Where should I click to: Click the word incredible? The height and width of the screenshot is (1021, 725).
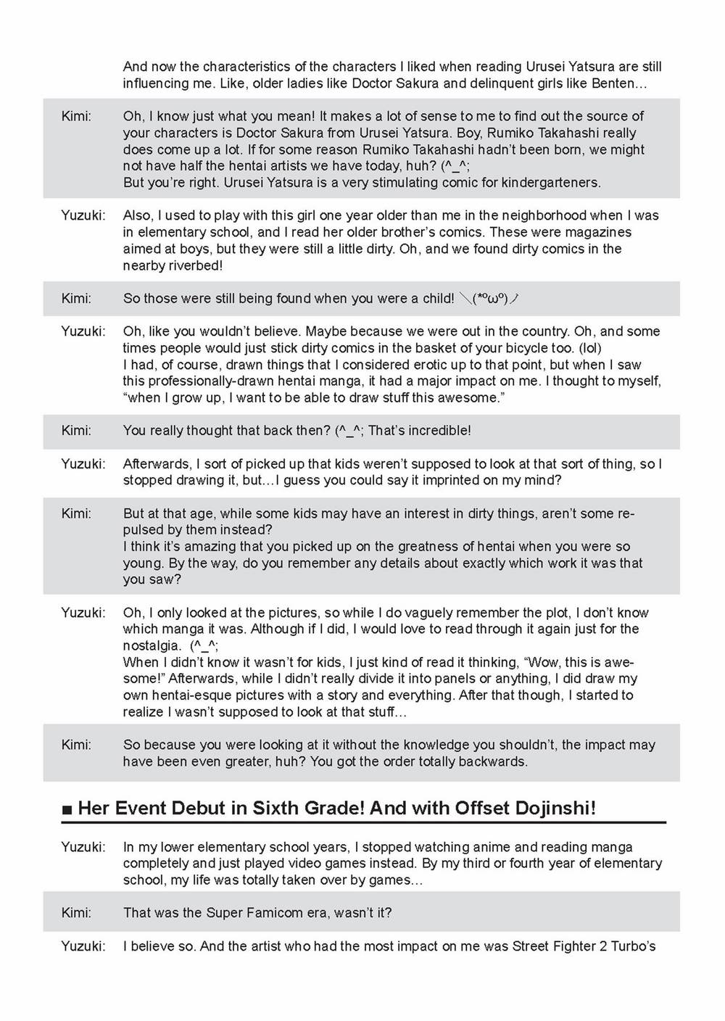[x=439, y=431]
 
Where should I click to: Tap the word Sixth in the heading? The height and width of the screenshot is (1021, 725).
[x=279, y=808]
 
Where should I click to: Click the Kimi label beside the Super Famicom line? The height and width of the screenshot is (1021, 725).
[x=76, y=912]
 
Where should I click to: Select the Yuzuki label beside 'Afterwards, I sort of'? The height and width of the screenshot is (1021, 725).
[x=83, y=463]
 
